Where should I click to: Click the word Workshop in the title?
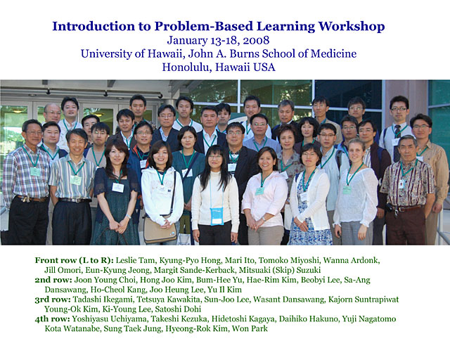click(352, 27)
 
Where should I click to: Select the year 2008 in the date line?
click(256, 40)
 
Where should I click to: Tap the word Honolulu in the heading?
click(186, 67)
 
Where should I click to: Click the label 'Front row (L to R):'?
click(75, 260)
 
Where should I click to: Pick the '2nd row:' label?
click(53, 280)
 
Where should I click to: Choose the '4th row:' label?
click(52, 319)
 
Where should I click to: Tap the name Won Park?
click(250, 328)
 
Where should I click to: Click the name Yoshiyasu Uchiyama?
click(110, 319)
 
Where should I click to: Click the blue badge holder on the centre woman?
click(217, 216)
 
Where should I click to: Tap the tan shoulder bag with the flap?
click(160, 230)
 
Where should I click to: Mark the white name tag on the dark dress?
click(118, 188)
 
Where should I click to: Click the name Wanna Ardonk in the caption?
click(352, 260)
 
